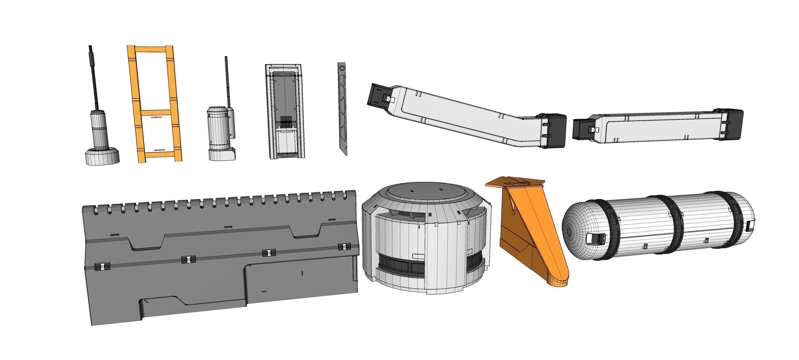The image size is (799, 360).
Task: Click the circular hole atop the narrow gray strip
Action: coord(342,68)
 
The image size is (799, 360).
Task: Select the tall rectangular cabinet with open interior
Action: coord(286,111)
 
